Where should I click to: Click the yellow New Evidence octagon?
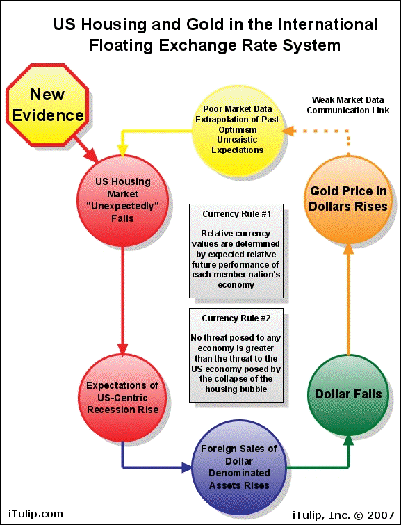[x=47, y=105]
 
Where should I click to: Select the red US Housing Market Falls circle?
[x=122, y=201]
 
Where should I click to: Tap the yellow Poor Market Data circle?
[x=237, y=130]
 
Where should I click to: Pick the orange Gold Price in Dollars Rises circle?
[x=348, y=200]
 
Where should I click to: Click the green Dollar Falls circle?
[x=348, y=395]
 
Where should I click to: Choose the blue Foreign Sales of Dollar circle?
[x=239, y=467]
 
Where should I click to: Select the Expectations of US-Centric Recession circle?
[x=122, y=398]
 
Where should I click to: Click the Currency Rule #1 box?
[x=236, y=251]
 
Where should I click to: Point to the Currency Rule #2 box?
[x=236, y=355]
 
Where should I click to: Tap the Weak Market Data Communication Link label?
[x=348, y=105]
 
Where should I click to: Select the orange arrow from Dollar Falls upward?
[x=348, y=300]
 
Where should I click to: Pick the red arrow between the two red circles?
[x=122, y=300]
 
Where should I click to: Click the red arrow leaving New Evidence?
[x=85, y=150]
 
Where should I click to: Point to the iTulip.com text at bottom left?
[x=35, y=513]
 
